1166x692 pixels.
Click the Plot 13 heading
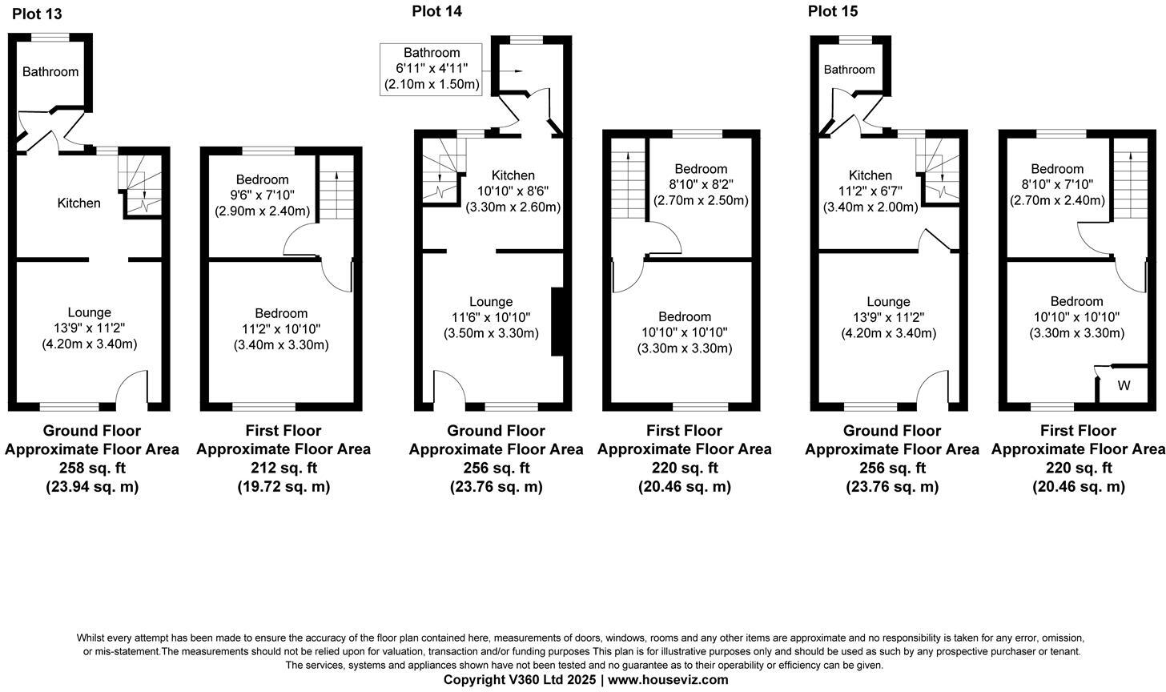(x=37, y=14)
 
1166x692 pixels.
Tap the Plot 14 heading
(x=436, y=10)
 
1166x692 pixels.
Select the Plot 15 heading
(x=833, y=10)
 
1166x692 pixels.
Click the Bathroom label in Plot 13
(x=50, y=72)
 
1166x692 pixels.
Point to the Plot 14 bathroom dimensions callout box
(x=432, y=69)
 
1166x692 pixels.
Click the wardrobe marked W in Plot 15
(x=1124, y=386)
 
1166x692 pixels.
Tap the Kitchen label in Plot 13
(x=79, y=203)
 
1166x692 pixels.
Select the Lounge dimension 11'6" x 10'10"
(x=491, y=318)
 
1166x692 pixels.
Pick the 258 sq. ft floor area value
(x=92, y=468)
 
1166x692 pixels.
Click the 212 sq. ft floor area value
(x=283, y=468)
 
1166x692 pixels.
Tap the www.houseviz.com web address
(x=669, y=680)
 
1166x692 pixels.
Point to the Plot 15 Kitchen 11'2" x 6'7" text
(x=870, y=191)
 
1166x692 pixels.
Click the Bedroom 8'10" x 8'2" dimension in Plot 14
(x=701, y=184)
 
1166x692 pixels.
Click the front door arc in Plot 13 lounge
(x=132, y=388)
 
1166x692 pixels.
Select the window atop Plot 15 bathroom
(x=850, y=39)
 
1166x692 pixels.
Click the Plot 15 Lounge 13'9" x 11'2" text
(x=888, y=318)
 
